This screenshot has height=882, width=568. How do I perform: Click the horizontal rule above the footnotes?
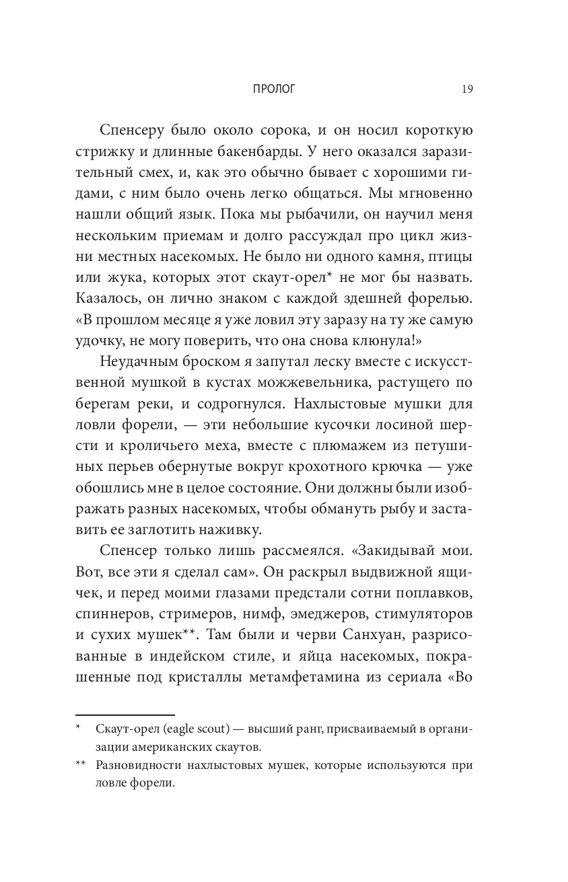tap(125, 714)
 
